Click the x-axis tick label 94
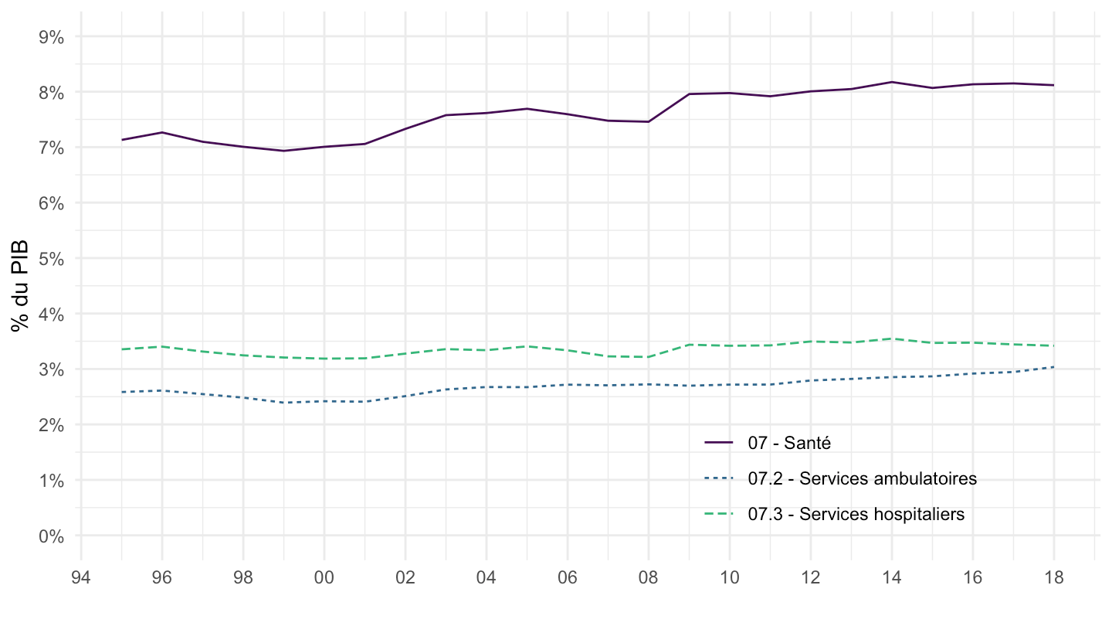(x=81, y=577)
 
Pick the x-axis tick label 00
(x=324, y=577)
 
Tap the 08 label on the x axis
(x=648, y=577)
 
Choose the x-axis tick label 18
(x=1053, y=577)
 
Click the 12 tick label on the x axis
(x=810, y=577)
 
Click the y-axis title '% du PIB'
(x=21, y=285)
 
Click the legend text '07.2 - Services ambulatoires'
(x=862, y=478)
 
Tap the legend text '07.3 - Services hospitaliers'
(x=856, y=514)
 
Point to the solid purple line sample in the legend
(x=718, y=443)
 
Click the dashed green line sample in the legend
(x=718, y=514)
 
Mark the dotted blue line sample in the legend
(x=718, y=478)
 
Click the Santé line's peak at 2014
(x=891, y=82)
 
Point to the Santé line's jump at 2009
(x=689, y=94)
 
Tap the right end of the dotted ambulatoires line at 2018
(x=1053, y=367)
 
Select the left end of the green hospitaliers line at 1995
(x=122, y=349)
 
